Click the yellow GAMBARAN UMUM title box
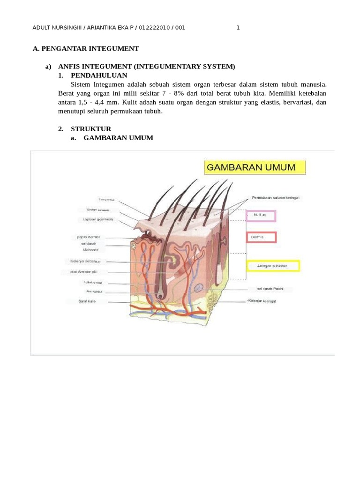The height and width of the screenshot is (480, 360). coord(255,167)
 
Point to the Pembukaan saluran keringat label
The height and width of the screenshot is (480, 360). coord(275,198)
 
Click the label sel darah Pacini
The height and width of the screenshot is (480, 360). coord(267,288)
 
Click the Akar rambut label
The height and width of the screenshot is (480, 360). coord(94,292)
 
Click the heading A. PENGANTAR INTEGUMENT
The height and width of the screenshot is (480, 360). coord(86,49)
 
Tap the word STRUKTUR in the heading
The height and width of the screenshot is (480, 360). coord(91,129)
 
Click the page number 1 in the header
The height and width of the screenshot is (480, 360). coord(238,28)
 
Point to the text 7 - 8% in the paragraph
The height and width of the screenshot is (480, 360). coord(172,93)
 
